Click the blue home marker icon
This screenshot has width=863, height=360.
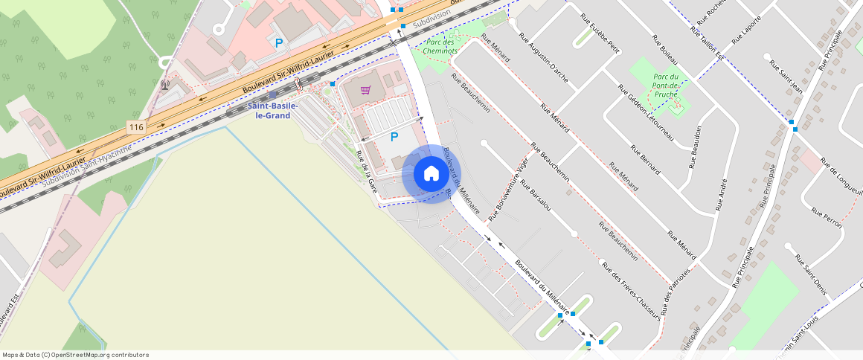431,174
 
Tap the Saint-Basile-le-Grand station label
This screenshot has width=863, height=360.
272,111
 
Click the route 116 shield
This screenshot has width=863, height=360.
135,128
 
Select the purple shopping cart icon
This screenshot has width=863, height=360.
365,90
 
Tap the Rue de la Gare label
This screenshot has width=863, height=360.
368,173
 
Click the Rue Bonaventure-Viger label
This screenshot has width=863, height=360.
508,190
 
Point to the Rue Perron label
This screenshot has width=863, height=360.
827,217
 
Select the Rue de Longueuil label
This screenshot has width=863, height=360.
841,175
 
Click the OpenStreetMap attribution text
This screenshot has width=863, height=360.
75,355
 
